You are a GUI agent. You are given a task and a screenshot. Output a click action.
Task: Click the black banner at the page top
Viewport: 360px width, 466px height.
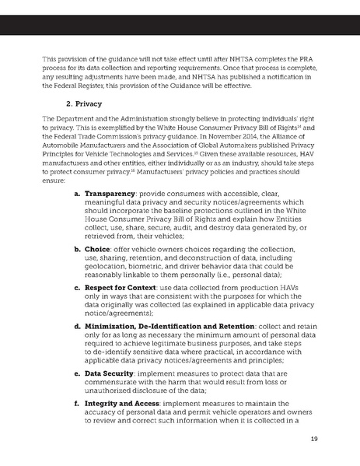pos(180,18)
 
